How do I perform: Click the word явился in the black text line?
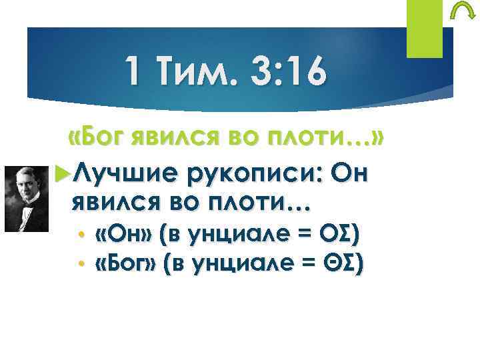[x=116, y=202]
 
